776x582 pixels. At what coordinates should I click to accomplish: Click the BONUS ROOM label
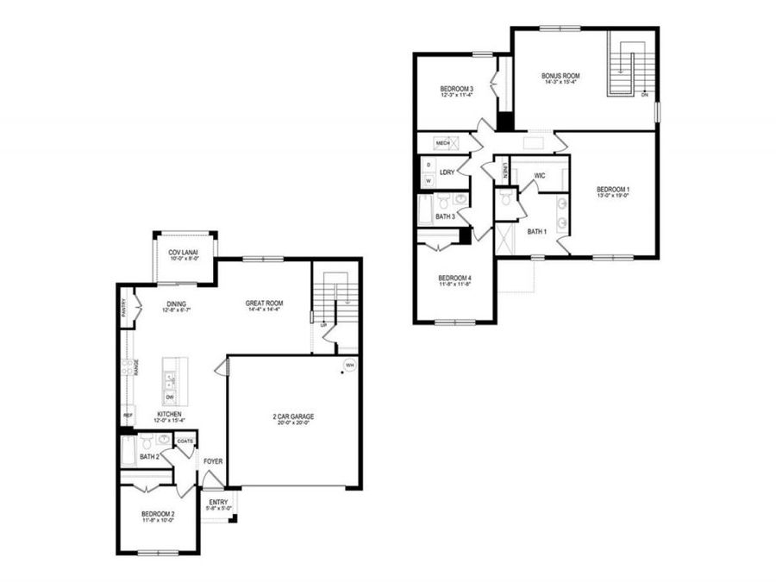pyautogui.click(x=560, y=76)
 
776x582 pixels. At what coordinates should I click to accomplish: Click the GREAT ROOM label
pyautogui.click(x=264, y=303)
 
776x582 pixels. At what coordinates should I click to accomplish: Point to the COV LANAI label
pyautogui.click(x=184, y=252)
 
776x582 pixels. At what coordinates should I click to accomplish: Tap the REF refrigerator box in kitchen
pyautogui.click(x=128, y=416)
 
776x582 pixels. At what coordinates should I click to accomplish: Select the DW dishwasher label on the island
pyautogui.click(x=171, y=396)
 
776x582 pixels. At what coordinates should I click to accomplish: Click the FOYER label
pyautogui.click(x=213, y=461)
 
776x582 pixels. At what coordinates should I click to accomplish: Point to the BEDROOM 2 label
pyautogui.click(x=158, y=515)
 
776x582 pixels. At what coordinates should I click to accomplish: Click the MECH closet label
pyautogui.click(x=443, y=142)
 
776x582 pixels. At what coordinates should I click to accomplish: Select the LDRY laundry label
pyautogui.click(x=447, y=172)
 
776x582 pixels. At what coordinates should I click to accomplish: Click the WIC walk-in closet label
pyautogui.click(x=540, y=175)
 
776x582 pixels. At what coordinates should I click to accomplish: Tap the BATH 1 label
pyautogui.click(x=537, y=231)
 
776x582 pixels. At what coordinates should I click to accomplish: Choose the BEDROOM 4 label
pyautogui.click(x=454, y=278)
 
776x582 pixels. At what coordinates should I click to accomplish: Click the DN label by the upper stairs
pyautogui.click(x=644, y=95)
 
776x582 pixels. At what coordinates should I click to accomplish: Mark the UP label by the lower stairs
pyautogui.click(x=323, y=325)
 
